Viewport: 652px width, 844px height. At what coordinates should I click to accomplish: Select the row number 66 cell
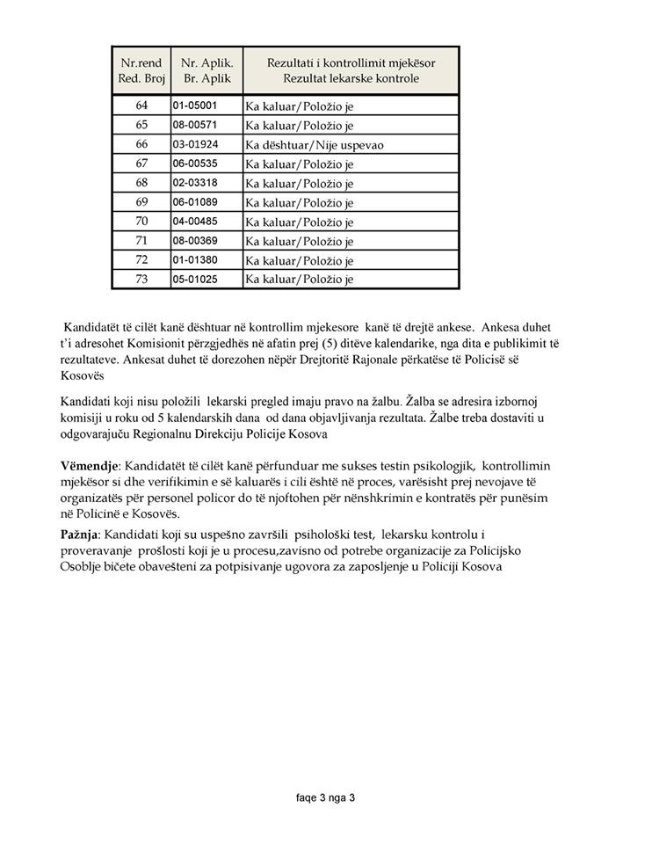point(141,144)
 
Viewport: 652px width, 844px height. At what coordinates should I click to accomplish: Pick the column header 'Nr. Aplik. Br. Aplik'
point(206,71)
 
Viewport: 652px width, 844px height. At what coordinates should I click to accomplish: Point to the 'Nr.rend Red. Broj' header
point(141,71)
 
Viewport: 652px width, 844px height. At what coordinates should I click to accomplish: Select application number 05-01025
point(194,280)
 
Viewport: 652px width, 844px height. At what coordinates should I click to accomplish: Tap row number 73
point(141,280)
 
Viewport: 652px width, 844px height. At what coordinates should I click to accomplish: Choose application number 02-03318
point(194,183)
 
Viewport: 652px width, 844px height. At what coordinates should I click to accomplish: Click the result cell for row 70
point(300,222)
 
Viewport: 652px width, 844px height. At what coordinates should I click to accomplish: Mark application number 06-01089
point(194,202)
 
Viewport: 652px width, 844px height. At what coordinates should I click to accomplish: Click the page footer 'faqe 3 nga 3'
point(325,798)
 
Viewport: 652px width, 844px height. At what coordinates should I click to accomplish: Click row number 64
point(141,106)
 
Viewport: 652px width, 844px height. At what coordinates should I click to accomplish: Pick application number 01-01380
point(194,260)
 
